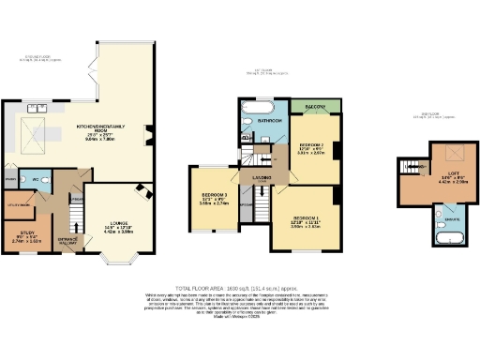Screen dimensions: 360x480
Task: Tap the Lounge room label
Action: tap(112, 227)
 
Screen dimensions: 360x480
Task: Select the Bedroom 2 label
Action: tap(311, 146)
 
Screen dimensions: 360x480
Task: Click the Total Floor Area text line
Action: tap(240, 286)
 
